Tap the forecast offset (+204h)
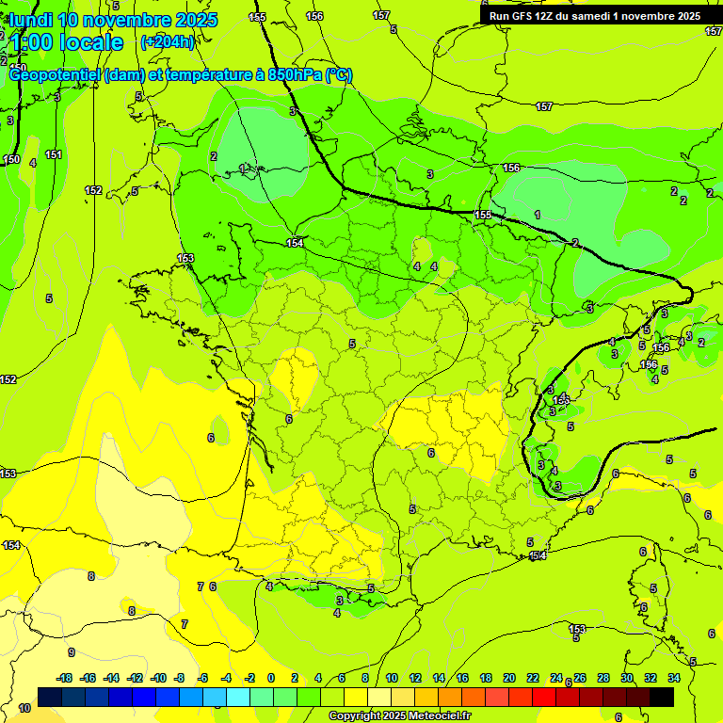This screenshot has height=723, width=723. (x=167, y=41)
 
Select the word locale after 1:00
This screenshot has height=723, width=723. (x=90, y=42)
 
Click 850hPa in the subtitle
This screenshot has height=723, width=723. (x=291, y=75)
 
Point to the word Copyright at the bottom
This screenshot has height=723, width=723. (x=356, y=716)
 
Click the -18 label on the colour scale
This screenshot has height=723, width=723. (x=65, y=679)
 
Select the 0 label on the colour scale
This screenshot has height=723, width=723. (x=270, y=679)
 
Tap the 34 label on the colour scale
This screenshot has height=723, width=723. (x=674, y=679)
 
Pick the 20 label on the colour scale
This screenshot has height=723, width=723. (x=509, y=679)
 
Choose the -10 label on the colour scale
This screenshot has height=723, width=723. (x=158, y=679)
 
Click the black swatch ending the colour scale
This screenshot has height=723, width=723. (x=662, y=697)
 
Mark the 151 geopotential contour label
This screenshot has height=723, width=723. (x=54, y=155)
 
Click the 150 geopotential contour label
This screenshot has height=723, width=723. (x=11, y=160)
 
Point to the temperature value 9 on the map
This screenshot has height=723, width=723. (x=71, y=652)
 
